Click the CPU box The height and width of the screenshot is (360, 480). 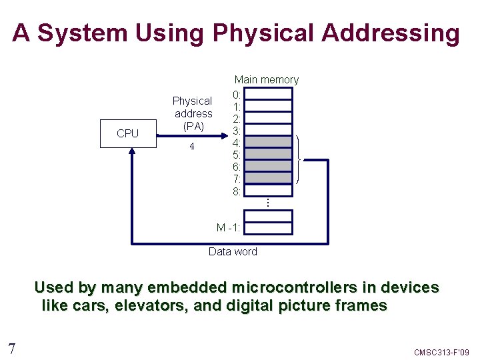(x=127, y=133)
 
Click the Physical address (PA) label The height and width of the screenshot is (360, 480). (x=192, y=113)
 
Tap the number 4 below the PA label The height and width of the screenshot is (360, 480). (x=192, y=147)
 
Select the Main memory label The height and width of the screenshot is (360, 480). (x=266, y=80)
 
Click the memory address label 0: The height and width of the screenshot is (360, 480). (x=237, y=94)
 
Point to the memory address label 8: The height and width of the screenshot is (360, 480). (x=237, y=191)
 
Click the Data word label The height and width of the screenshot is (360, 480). (x=233, y=251)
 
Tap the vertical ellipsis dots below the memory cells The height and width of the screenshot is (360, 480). (x=267, y=201)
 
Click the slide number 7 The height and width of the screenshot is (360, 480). (x=11, y=348)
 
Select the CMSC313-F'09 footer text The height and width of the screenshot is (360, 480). (x=442, y=351)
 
